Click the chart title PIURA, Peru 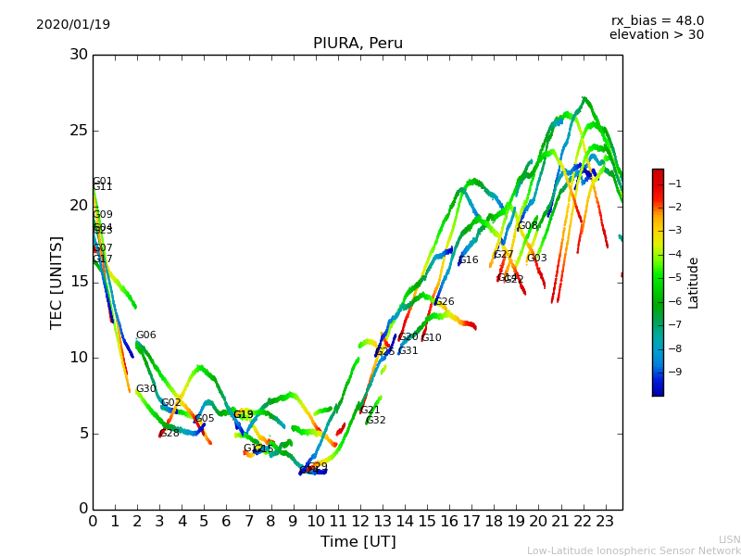[358, 44]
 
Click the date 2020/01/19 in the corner [73, 25]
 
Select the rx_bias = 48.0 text [658, 21]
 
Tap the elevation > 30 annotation [656, 35]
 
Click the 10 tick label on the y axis [78, 358]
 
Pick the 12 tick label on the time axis [360, 522]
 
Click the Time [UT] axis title [358, 542]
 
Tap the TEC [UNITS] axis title [57, 282]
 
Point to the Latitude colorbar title [694, 283]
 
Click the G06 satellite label [146, 335]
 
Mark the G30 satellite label [146, 389]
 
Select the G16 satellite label [469, 260]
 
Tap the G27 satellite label [503, 255]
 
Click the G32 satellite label [376, 421]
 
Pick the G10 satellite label [432, 338]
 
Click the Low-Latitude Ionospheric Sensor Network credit [634, 551]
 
